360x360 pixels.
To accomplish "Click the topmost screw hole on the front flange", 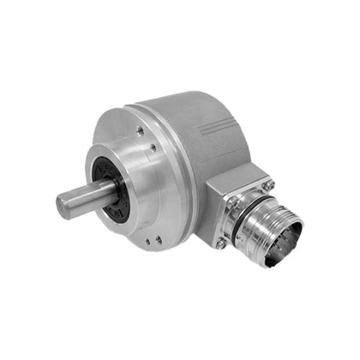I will [140, 131].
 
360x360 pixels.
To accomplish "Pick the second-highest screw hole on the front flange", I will [154, 147].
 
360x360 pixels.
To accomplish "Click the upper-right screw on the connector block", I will [267, 185].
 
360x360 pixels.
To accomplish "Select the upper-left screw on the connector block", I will [231, 202].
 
